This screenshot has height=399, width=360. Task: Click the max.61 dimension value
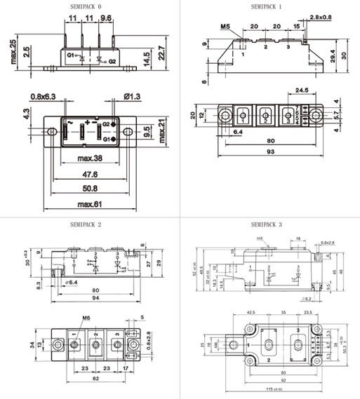point(88,204)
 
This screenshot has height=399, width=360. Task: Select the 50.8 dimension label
point(88,189)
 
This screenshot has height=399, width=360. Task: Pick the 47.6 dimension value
point(88,174)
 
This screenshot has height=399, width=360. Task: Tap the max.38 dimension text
point(88,158)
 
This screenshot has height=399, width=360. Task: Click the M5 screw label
point(225,26)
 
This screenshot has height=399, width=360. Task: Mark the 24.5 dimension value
point(303,90)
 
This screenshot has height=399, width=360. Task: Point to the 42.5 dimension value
point(250,313)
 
